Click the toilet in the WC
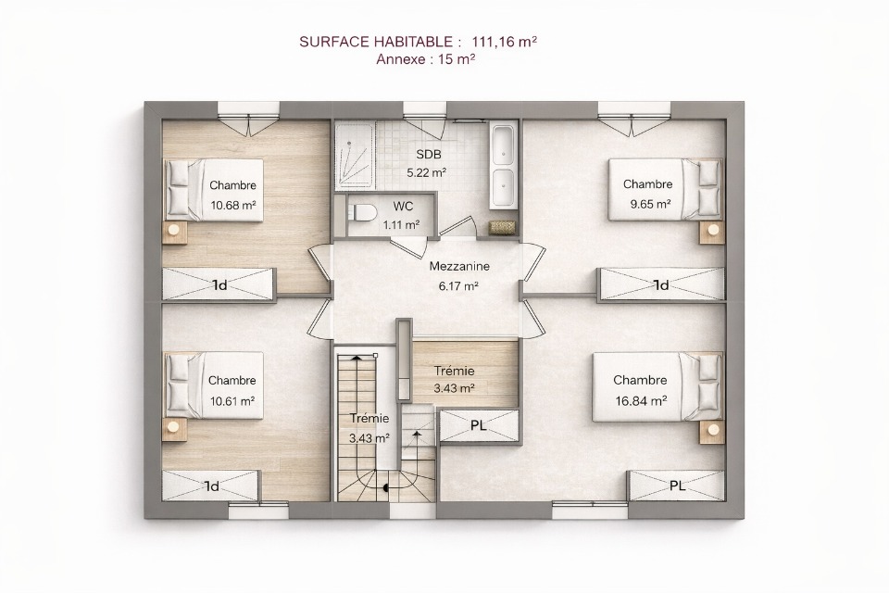363,213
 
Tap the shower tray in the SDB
355,157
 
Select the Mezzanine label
459,266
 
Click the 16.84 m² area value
641,400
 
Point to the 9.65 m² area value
651,204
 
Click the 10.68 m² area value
233,205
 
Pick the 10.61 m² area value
232,401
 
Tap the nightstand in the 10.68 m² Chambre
175,233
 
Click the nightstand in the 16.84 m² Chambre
711,432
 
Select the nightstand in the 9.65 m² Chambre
711,232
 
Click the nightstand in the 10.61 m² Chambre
175,430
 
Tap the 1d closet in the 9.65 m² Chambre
662,284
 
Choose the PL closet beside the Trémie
480,425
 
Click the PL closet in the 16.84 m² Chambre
676,486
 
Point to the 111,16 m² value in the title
505,42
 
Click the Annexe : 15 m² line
426,59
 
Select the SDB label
428,155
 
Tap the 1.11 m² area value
401,225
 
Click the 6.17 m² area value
458,286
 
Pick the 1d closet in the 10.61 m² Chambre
211,486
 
